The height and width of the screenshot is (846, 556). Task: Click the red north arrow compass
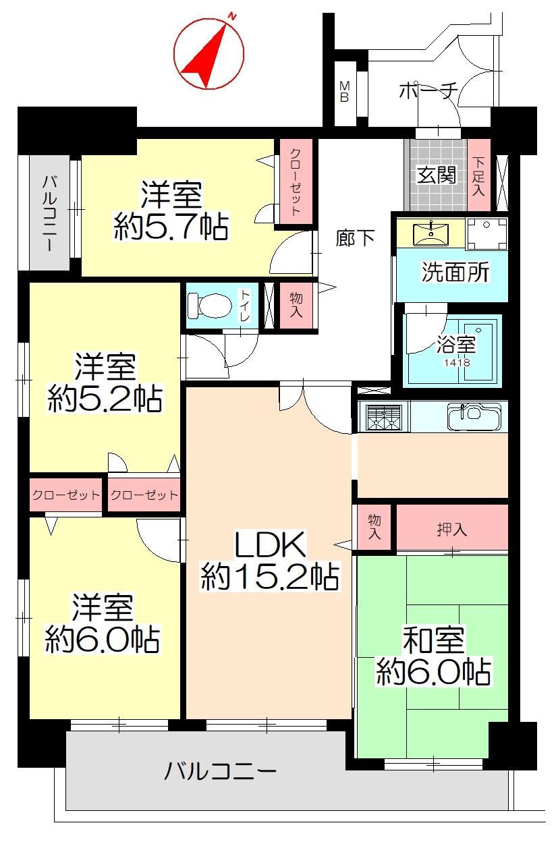point(209,54)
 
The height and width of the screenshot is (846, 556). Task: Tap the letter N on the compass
point(232,17)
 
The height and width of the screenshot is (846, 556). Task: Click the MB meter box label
point(344,92)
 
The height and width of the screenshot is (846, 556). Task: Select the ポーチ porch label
point(428,90)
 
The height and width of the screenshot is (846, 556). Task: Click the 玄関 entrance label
point(437,175)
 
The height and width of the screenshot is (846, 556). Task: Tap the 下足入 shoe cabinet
point(478,175)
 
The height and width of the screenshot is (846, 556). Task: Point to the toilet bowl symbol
point(210,306)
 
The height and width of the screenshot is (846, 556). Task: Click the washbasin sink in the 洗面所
point(431,234)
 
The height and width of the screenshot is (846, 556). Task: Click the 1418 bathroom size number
point(457,363)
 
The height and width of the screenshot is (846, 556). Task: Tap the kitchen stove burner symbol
point(384,418)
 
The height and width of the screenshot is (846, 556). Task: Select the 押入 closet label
point(452,530)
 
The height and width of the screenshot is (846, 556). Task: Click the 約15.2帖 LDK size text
point(270,577)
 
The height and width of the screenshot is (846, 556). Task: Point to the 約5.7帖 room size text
point(171,227)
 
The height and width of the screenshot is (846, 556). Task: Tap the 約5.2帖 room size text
point(105,399)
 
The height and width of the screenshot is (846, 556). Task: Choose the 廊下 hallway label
point(355,238)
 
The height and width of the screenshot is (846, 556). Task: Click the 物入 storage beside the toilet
point(296,306)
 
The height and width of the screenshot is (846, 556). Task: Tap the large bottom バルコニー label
point(221,771)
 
